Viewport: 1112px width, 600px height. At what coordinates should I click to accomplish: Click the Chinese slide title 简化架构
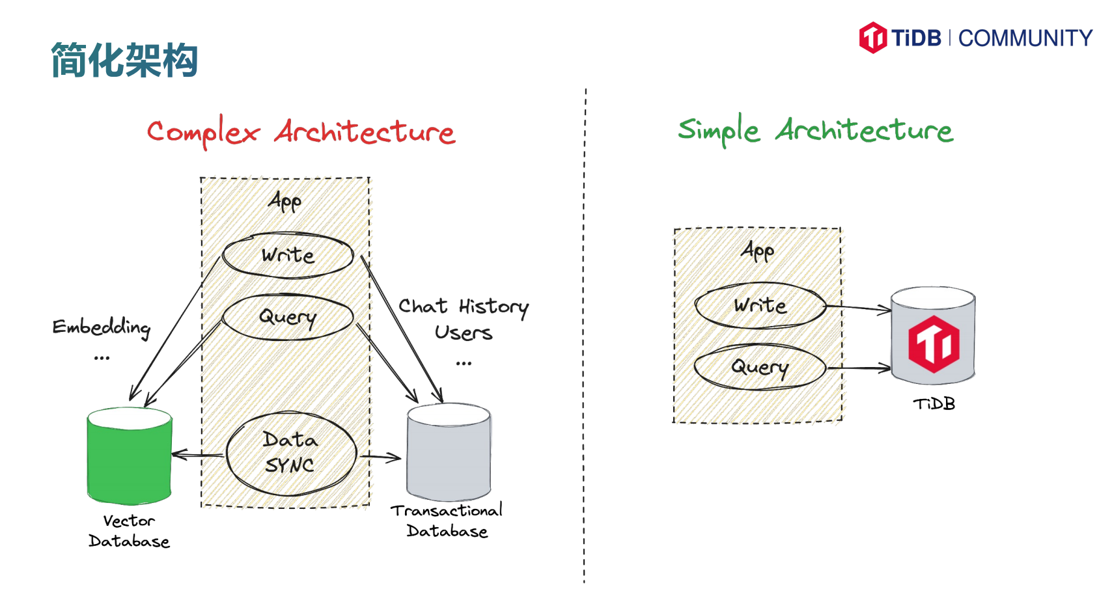coord(124,60)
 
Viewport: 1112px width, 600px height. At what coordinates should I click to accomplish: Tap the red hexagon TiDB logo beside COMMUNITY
coord(872,38)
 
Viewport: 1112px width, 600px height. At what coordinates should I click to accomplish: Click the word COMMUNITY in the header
coord(1025,38)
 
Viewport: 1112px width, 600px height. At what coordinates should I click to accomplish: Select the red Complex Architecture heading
coord(301,132)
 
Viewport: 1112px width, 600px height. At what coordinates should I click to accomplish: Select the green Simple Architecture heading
coord(815,130)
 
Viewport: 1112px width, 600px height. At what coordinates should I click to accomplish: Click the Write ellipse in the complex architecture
coord(288,255)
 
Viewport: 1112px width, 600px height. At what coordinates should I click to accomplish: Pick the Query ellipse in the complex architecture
coord(288,317)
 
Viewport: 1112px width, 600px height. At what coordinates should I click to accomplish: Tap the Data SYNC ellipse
coord(292,453)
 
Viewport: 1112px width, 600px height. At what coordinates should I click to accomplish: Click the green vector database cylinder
coord(130,455)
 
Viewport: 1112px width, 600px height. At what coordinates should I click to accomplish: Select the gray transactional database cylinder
coord(449,452)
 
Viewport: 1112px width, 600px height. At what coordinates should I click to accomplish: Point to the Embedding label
coord(102,327)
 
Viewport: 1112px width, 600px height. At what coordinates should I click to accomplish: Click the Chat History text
coord(463,307)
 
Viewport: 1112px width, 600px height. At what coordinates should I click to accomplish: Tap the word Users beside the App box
coord(463,333)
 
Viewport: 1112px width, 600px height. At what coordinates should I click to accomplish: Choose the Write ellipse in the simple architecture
coord(760,305)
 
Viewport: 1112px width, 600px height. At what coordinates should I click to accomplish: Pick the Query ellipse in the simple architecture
coord(760,367)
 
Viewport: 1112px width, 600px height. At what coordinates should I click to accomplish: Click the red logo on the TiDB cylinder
coord(934,344)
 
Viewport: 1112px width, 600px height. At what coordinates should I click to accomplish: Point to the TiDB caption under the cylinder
coord(934,404)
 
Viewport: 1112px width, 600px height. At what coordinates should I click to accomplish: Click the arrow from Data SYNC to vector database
coord(198,454)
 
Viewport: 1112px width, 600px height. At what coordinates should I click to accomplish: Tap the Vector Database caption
coord(129,531)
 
